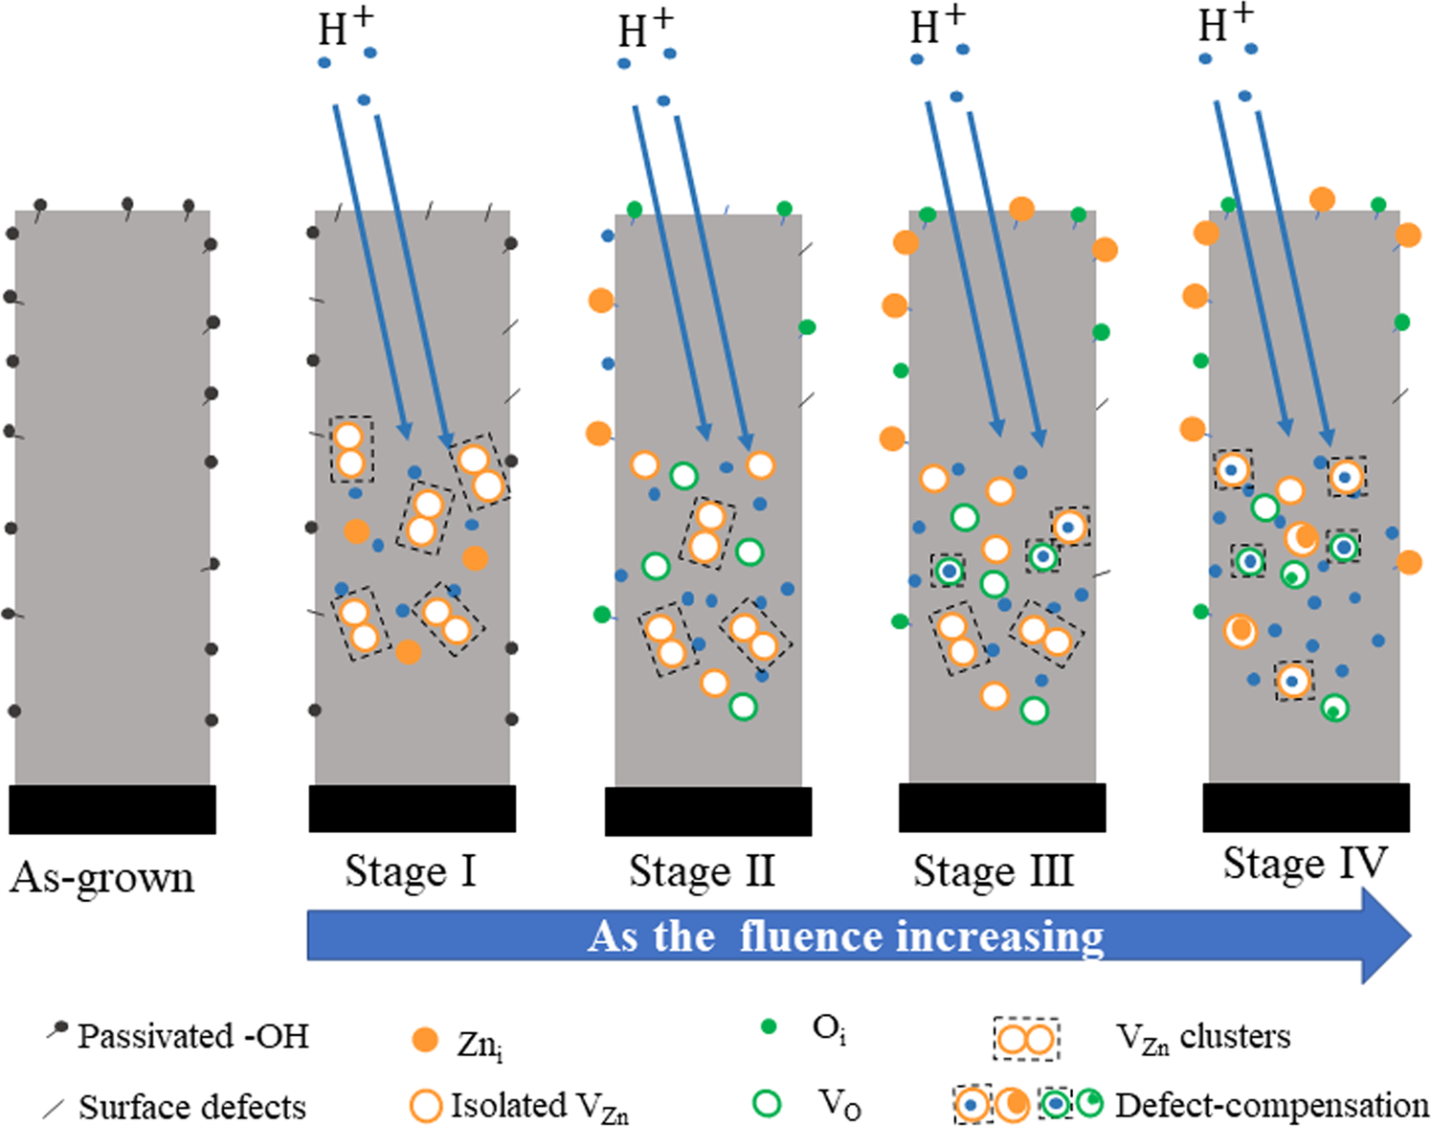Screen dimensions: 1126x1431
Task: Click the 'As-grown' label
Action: click(102, 878)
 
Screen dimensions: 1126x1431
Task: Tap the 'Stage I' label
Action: click(411, 872)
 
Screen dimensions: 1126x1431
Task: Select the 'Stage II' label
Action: click(702, 872)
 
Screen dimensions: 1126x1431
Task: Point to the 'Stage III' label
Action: click(994, 872)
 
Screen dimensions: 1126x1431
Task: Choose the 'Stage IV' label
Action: click(1305, 864)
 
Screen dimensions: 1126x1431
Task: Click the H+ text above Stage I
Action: click(346, 27)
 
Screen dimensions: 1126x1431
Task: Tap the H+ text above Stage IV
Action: click(1226, 23)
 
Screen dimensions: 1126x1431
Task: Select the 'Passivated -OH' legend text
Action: click(192, 1037)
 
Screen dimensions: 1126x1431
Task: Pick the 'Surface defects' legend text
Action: click(191, 1107)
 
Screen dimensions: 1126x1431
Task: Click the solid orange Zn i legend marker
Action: click(424, 1041)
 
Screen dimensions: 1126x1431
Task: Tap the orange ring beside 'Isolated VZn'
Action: click(425, 1105)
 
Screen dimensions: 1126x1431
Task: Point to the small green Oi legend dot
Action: click(768, 1027)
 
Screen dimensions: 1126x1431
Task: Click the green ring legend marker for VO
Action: click(767, 1103)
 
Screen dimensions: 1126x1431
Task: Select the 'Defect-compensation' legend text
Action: click(1271, 1105)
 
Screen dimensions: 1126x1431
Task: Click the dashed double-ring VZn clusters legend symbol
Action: click(1026, 1039)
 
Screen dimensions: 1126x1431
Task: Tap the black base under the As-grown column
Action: click(112, 809)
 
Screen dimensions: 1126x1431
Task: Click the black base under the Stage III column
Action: click(1002, 807)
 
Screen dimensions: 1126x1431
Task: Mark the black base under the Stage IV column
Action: click(1306, 807)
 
